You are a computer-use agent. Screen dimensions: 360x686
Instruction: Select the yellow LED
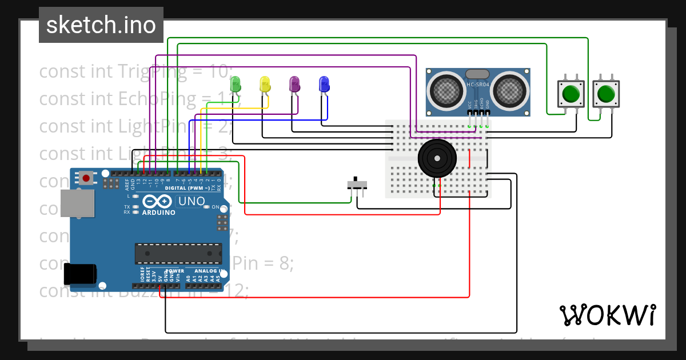(265, 84)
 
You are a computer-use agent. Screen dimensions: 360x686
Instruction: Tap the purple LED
(294, 84)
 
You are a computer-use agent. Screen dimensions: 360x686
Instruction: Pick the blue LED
(324, 84)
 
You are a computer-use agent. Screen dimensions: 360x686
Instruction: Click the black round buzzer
(437, 158)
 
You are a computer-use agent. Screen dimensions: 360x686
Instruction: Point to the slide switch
(357, 185)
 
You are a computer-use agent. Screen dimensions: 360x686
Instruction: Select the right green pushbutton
(606, 93)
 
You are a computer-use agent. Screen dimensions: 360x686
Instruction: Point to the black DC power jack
(80, 274)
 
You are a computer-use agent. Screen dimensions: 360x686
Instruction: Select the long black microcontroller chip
(178, 253)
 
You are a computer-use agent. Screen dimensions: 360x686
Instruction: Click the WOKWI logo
(607, 315)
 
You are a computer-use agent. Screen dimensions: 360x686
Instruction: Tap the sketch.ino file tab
(101, 25)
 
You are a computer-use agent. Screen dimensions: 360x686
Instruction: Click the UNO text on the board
(192, 201)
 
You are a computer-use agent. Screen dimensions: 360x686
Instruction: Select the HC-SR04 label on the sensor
(478, 85)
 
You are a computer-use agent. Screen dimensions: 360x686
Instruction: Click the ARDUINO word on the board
(158, 213)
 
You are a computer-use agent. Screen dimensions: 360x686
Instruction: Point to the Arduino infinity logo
(158, 201)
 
